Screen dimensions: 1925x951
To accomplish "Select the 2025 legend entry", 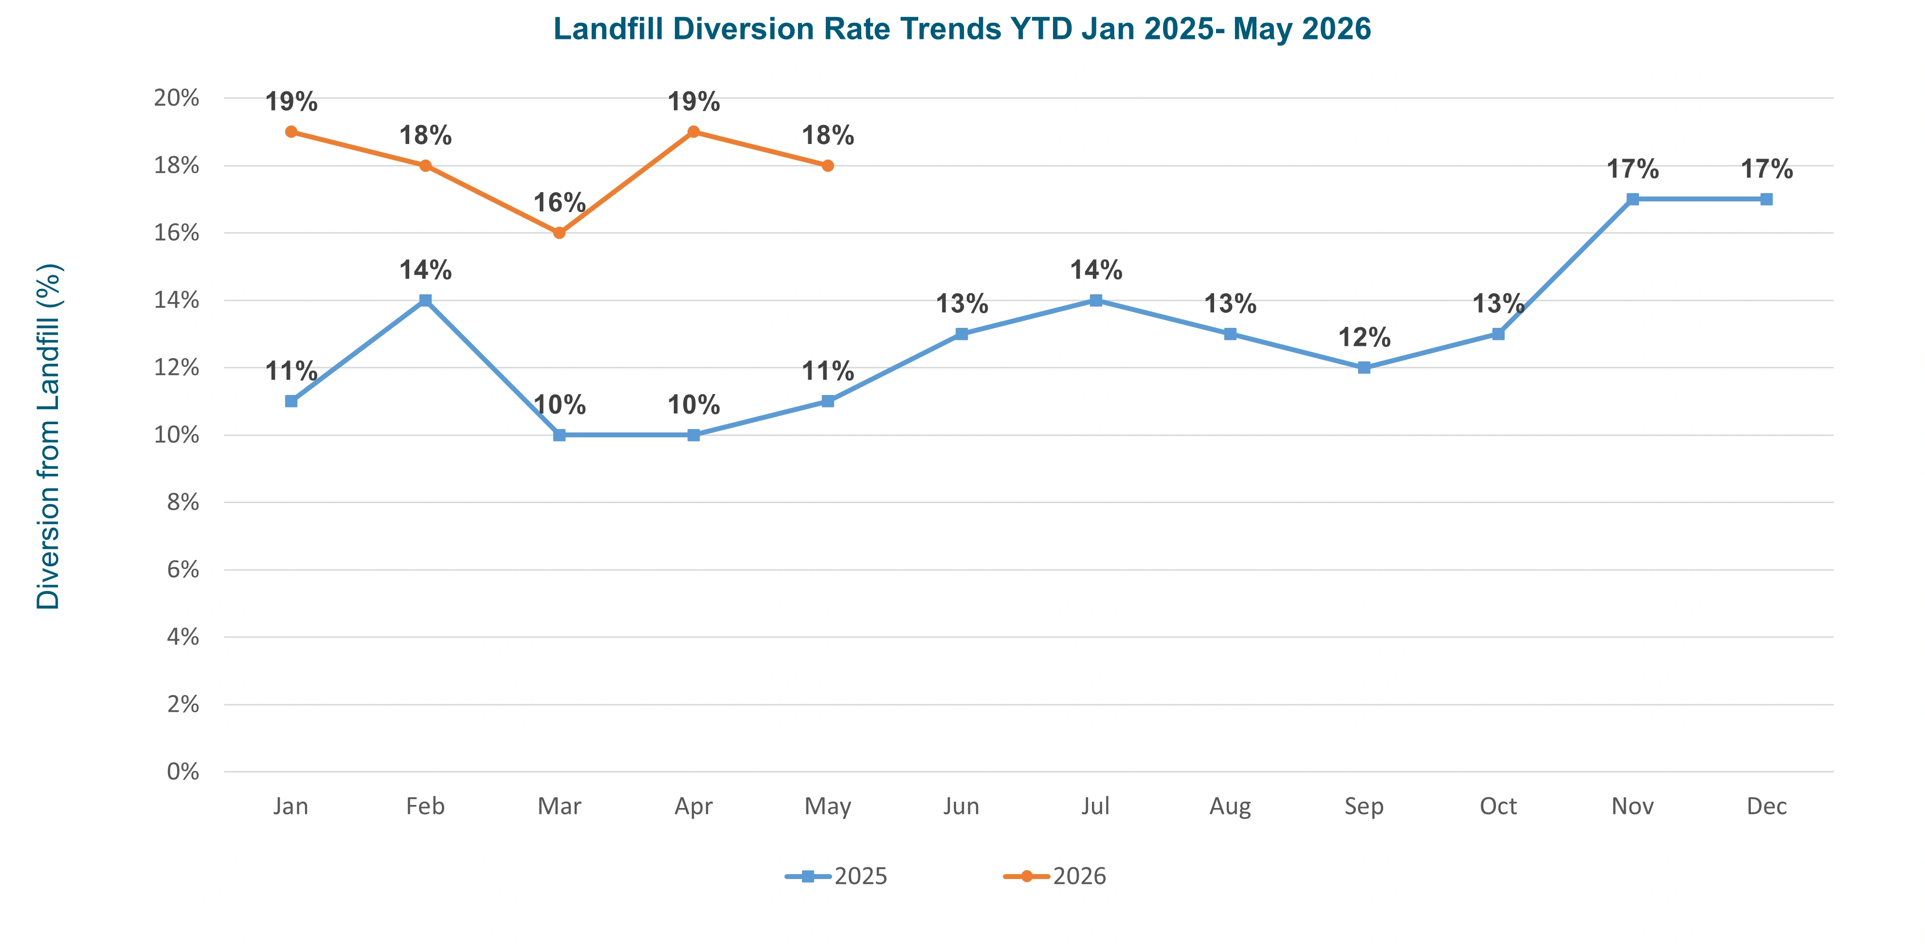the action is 835,876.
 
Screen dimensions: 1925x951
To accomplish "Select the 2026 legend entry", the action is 1054,876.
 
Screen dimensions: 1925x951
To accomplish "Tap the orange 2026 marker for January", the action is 291,131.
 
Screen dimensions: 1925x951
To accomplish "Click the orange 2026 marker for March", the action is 560,233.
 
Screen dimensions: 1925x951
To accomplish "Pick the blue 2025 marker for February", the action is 425,300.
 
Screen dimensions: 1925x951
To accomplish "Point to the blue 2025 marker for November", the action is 1633,199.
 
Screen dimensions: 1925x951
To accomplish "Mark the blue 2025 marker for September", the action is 1364,368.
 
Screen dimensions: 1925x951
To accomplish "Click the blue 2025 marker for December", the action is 1766,199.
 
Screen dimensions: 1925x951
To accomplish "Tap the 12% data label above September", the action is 1364,338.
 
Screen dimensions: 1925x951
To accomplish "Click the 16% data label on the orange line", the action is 560,202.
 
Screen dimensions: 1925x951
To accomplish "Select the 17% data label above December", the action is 1766,169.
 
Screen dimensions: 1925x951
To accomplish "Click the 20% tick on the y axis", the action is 176,98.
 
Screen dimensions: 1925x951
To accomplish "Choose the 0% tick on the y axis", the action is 183,772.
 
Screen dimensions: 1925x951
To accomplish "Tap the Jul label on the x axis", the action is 1095,806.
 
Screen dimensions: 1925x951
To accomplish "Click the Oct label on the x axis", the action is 1498,806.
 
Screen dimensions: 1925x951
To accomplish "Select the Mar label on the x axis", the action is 560,806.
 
